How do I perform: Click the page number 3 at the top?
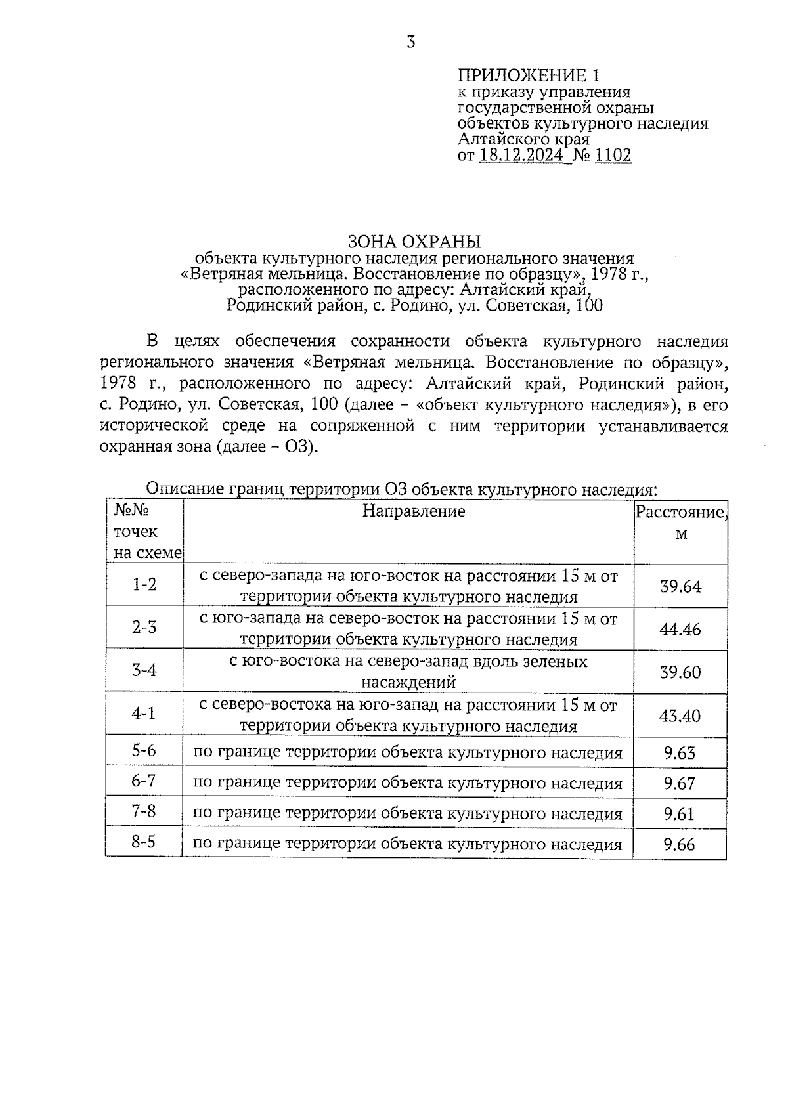(411, 43)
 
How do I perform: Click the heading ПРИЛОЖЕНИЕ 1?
(528, 75)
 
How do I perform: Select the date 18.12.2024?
(521, 156)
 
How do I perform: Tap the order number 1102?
(612, 156)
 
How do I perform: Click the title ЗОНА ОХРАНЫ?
(414, 241)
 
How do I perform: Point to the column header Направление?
(414, 511)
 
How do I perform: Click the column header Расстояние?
(680, 513)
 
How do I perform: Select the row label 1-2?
(144, 584)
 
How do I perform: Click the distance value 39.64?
(680, 586)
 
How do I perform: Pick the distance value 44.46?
(680, 630)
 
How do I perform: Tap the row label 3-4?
(144, 670)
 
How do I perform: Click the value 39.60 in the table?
(680, 672)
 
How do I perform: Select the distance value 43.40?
(680, 716)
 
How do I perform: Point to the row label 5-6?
(144, 750)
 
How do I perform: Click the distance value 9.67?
(679, 784)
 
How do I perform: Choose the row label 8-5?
(143, 842)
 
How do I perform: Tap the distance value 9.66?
(679, 845)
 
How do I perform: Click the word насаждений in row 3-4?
(408, 683)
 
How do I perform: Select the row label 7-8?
(144, 812)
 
